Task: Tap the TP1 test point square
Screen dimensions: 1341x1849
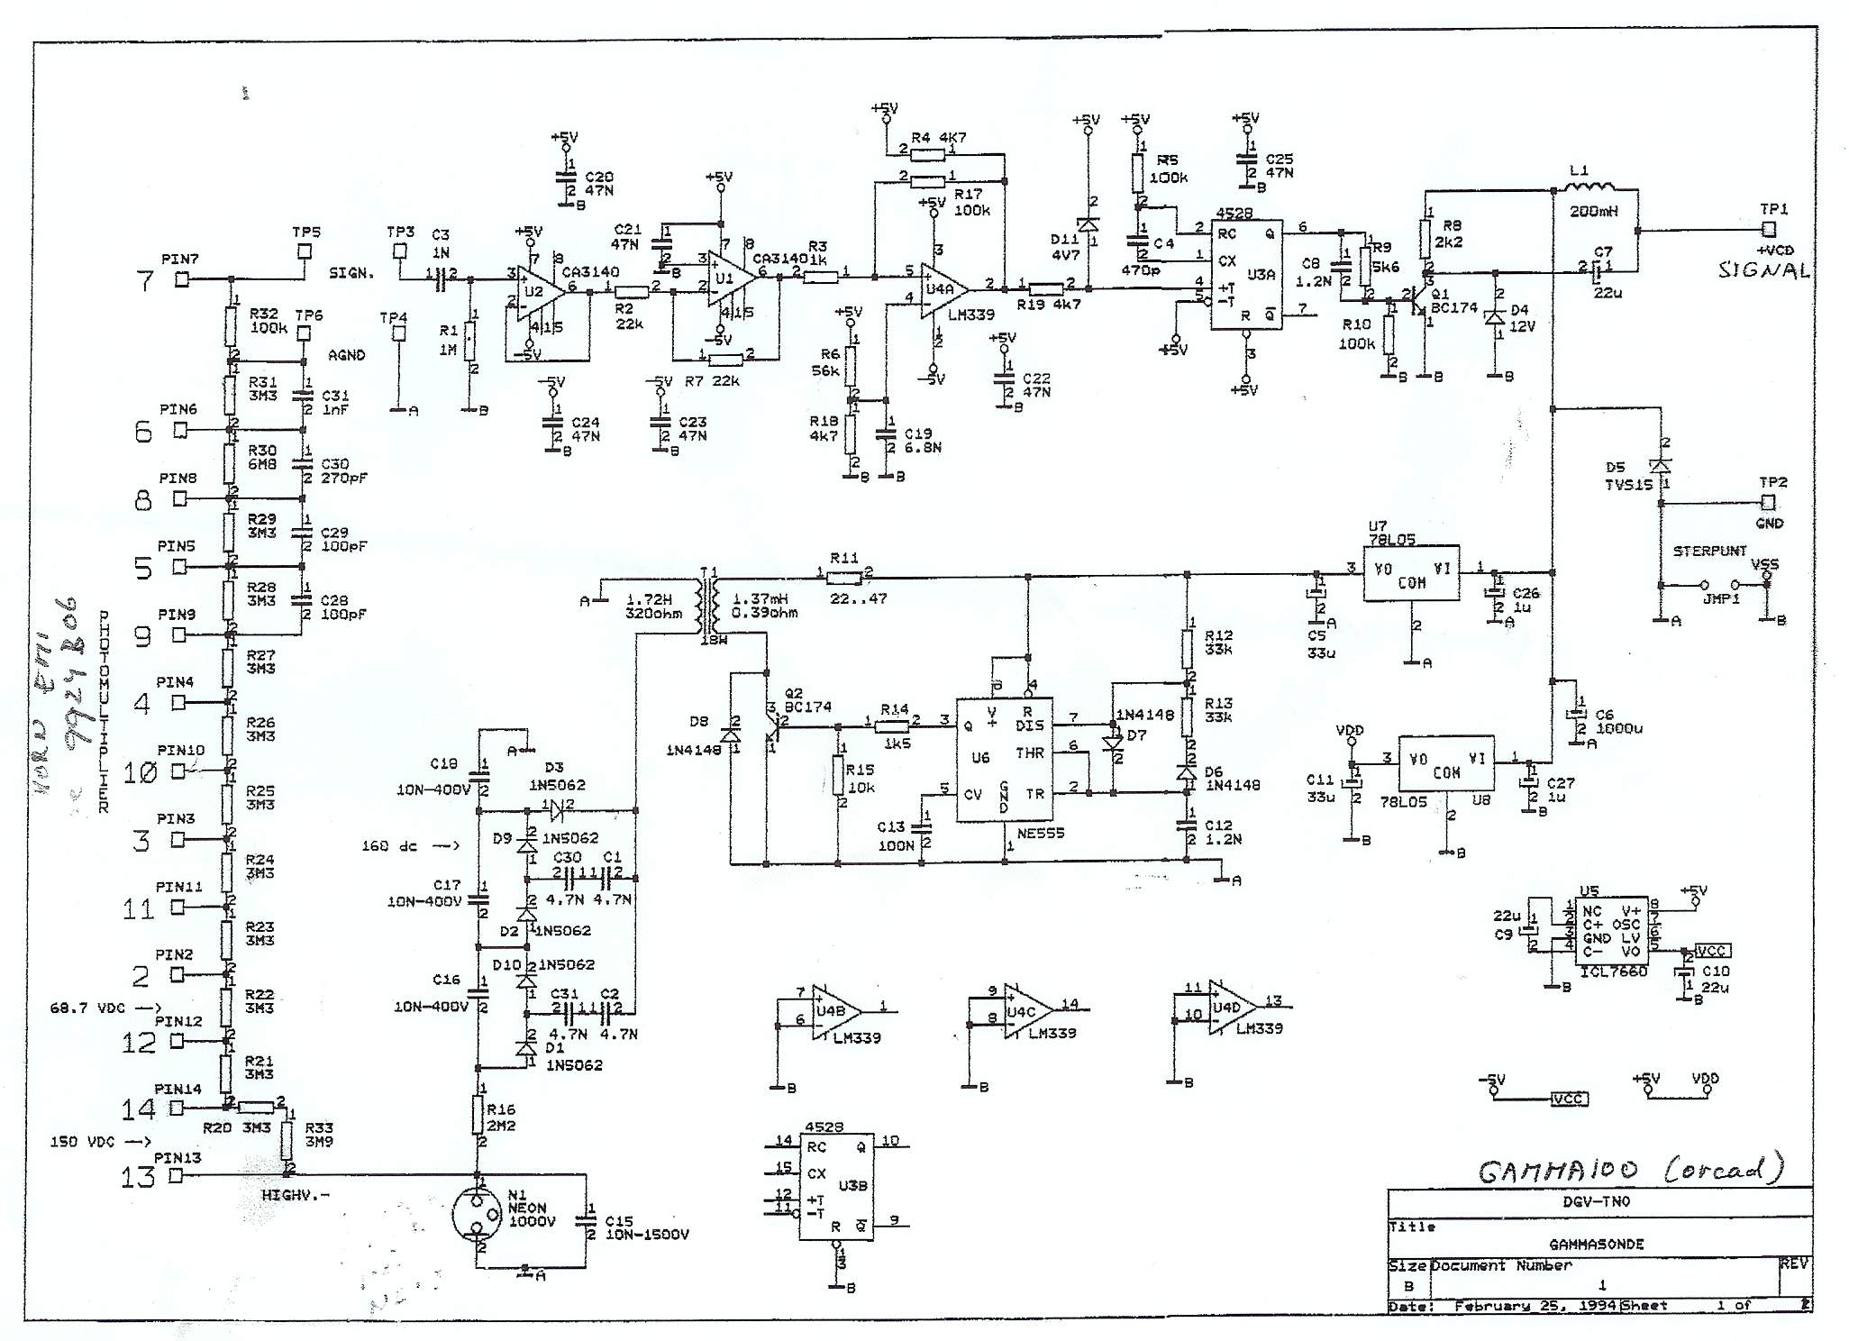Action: (x=1769, y=231)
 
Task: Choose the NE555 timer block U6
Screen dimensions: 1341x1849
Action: (x=1005, y=760)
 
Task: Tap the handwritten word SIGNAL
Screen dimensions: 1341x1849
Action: (x=1762, y=270)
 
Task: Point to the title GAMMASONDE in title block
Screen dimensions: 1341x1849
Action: (x=1596, y=1244)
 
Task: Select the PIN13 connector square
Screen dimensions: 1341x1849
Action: (x=176, y=1175)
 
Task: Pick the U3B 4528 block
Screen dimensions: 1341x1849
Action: (x=835, y=1186)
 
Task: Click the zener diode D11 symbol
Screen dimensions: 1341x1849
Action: (x=1088, y=223)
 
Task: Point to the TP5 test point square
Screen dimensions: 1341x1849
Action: (x=305, y=251)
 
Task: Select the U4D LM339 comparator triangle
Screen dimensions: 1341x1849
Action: (x=1229, y=1007)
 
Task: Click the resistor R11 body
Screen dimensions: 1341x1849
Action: (x=843, y=574)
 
